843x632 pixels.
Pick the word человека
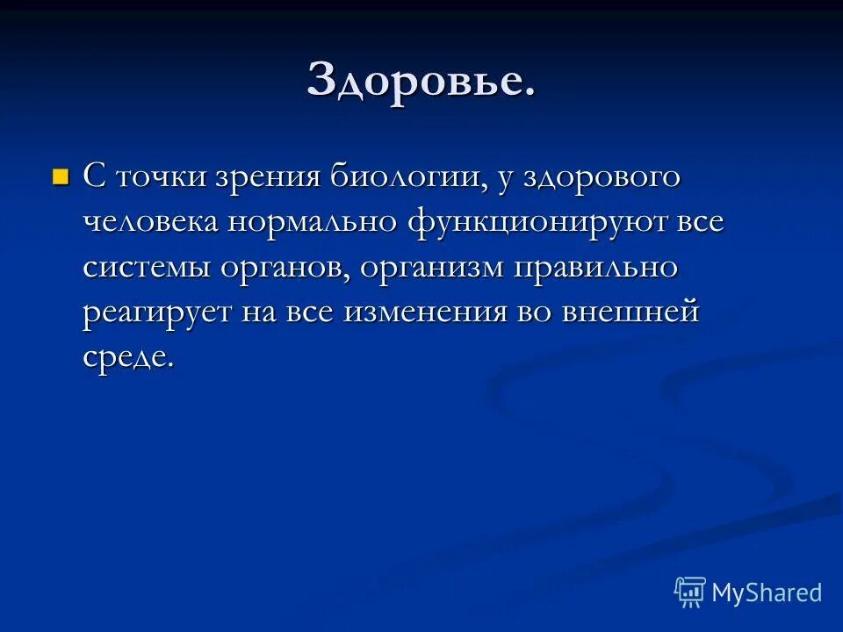point(151,222)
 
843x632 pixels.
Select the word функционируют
point(537,222)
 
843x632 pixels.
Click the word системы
point(147,268)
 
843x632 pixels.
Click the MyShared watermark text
point(767,592)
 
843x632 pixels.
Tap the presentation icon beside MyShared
point(690,592)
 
